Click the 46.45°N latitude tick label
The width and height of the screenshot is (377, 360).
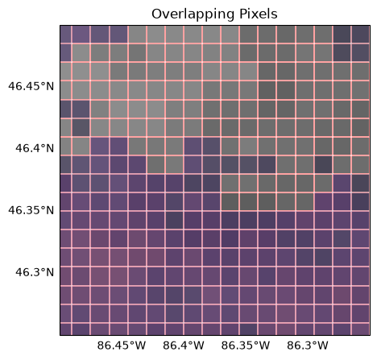[31, 86]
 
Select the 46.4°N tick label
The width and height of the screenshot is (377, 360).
[35, 148]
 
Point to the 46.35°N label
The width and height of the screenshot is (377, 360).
[31, 210]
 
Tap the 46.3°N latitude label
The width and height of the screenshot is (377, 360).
[35, 272]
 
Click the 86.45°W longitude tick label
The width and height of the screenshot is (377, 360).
[122, 346]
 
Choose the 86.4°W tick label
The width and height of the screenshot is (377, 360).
[184, 346]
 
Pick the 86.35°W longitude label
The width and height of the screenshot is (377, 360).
[246, 346]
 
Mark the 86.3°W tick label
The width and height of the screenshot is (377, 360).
[308, 346]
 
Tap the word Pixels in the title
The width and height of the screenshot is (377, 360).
[259, 14]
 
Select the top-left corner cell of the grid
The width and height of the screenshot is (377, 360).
[65, 35]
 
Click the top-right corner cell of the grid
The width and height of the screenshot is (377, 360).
[361, 35]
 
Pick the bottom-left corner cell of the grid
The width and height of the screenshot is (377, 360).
[65, 329]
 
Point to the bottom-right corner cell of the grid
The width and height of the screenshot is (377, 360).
[361, 329]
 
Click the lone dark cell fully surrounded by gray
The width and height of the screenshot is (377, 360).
[323, 165]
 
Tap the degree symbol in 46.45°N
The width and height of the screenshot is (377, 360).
[43, 84]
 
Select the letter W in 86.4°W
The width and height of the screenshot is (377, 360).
[200, 346]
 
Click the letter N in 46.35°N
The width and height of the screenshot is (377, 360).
[50, 210]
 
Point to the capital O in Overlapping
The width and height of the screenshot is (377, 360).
[156, 14]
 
